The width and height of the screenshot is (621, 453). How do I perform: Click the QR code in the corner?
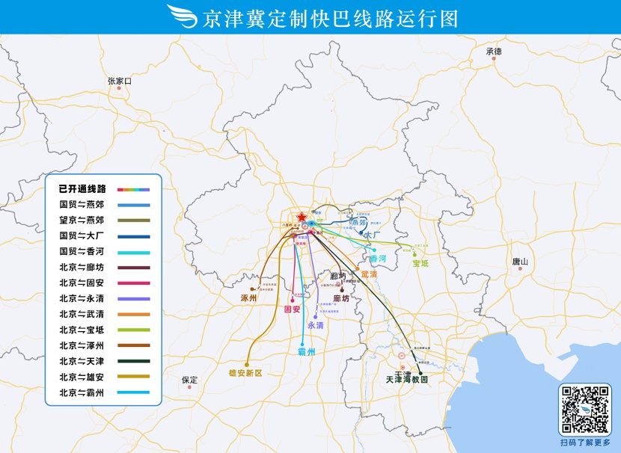[585, 410]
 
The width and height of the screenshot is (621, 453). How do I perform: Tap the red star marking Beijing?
[302, 217]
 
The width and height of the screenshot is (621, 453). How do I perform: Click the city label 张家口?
[119, 81]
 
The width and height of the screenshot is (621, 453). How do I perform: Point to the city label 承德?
[494, 52]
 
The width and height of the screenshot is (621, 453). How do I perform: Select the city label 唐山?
[520, 262]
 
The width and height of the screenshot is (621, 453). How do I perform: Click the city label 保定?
[190, 380]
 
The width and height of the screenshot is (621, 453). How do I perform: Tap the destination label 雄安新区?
[245, 372]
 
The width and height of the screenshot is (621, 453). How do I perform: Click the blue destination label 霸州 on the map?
[307, 351]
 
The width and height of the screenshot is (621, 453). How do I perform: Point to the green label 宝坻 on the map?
[420, 263]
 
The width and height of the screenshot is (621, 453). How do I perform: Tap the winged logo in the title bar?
[181, 16]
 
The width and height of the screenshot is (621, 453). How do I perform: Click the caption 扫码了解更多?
[585, 443]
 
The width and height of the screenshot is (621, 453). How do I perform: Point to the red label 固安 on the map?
[292, 309]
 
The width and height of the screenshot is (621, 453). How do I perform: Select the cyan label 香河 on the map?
[378, 259]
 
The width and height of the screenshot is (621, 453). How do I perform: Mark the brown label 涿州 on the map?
[248, 298]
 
